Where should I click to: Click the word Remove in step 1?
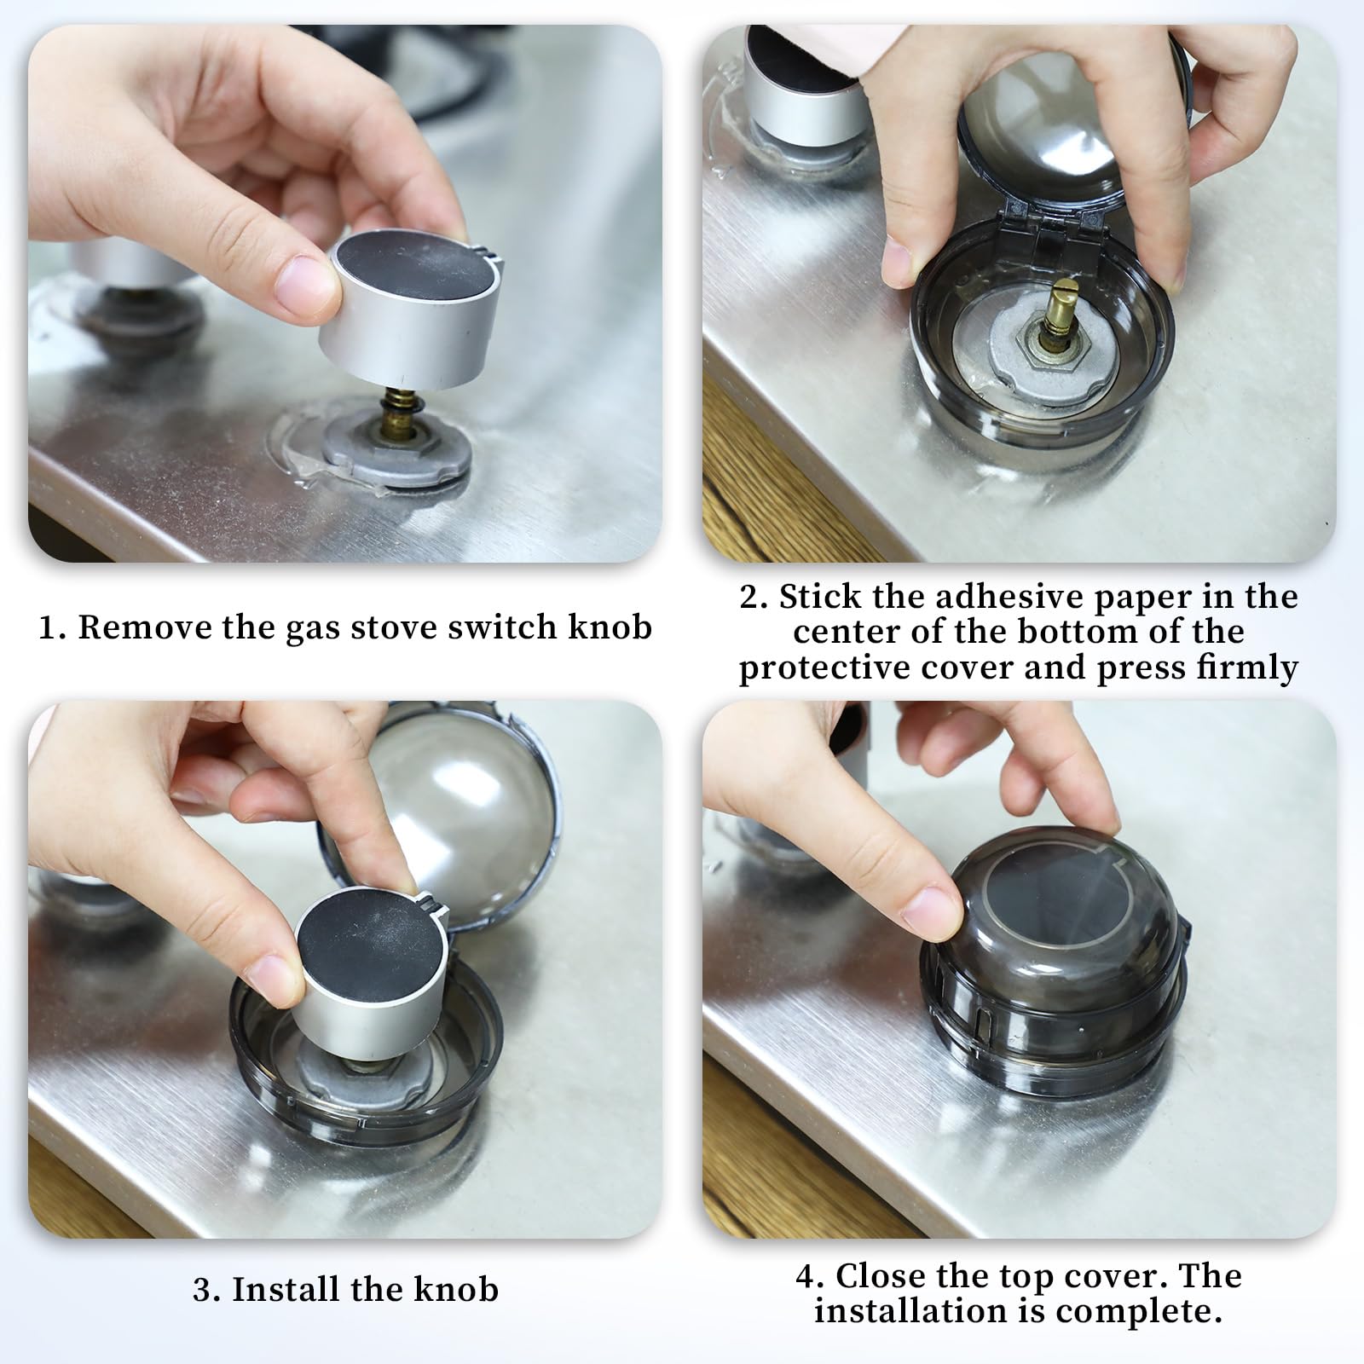[143, 627]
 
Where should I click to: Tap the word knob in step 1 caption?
[610, 627]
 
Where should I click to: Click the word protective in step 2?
[829, 667]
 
